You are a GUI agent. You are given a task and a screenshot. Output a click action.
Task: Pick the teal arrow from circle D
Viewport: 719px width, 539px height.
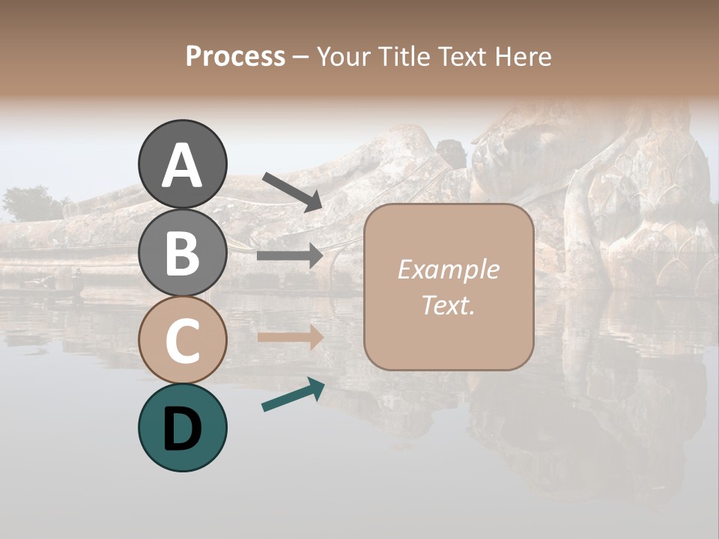click(293, 395)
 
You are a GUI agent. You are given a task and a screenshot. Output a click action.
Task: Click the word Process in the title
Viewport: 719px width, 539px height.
click(235, 57)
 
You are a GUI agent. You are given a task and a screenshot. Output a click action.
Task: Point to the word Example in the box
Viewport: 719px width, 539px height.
click(448, 269)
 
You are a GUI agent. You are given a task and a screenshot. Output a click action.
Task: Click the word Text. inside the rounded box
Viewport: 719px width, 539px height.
click(448, 305)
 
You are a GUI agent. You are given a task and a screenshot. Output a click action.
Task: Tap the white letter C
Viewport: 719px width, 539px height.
click(182, 341)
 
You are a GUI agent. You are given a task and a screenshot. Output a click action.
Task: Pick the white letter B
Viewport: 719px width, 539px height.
click(182, 253)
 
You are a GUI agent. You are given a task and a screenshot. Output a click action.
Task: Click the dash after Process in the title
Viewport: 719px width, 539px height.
click(300, 57)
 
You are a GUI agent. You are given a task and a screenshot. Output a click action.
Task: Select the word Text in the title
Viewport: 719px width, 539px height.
click(460, 57)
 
